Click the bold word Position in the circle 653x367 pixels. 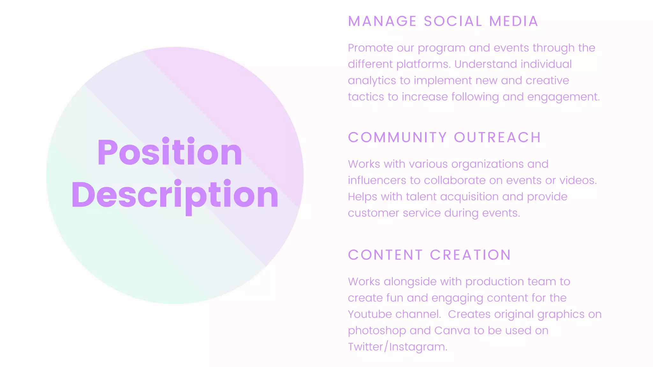tap(170, 152)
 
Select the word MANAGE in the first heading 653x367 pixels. tap(382, 22)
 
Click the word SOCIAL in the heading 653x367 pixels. tap(453, 22)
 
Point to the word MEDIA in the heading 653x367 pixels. tap(514, 22)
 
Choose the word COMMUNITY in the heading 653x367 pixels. tap(397, 138)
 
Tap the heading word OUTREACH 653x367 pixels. tap(497, 138)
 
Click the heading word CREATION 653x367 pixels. tap(470, 255)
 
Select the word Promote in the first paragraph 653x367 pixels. tap(370, 48)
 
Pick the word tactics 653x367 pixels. tap(366, 97)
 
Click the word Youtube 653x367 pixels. tap(370, 314)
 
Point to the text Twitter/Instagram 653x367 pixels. tap(397, 347)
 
